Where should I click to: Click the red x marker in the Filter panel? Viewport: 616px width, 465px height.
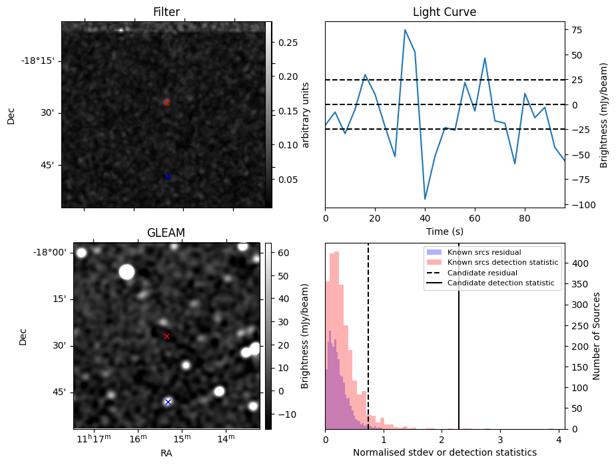pyautogui.click(x=166, y=102)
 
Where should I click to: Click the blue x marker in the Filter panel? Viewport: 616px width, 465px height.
pyautogui.click(x=168, y=177)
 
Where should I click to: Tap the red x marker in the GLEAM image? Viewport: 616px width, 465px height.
pyautogui.click(x=166, y=337)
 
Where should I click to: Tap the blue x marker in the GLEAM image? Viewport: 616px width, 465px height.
pyautogui.click(x=168, y=402)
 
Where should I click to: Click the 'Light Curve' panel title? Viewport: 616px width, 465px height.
pyautogui.click(x=444, y=12)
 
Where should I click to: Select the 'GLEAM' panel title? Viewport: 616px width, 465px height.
pyautogui.click(x=166, y=232)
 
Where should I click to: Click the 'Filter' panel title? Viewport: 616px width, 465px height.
pyautogui.click(x=166, y=12)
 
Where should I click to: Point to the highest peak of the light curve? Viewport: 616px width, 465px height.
pyautogui.click(x=405, y=30)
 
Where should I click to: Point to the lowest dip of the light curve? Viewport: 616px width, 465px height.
pyautogui.click(x=425, y=199)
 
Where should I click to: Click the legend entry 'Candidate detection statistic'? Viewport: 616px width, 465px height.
pyautogui.click(x=500, y=283)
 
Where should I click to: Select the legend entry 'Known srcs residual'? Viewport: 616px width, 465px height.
pyautogui.click(x=483, y=252)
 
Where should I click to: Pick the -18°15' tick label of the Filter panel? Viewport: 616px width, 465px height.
pyautogui.click(x=37, y=61)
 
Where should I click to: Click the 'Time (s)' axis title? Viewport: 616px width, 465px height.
pyautogui.click(x=444, y=232)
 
